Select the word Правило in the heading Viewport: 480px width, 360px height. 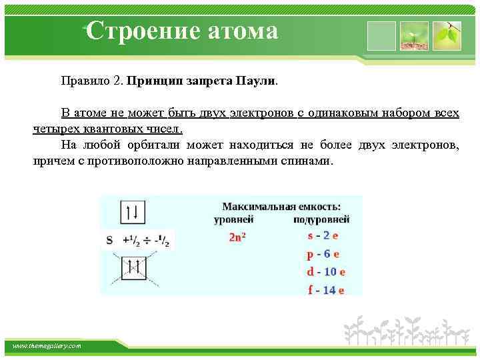pyautogui.click(x=84, y=81)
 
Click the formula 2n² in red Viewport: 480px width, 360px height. pyautogui.click(x=237, y=237)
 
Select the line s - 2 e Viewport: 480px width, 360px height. pyautogui.click(x=323, y=236)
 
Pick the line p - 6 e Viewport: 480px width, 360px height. pyautogui.click(x=323, y=254)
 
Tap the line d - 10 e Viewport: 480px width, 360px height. pyautogui.click(x=325, y=272)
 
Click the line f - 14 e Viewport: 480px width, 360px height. pyautogui.click(x=325, y=289)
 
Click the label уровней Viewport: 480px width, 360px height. pyautogui.click(x=233, y=219)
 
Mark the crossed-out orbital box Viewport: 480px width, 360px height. pyautogui.click(x=133, y=268)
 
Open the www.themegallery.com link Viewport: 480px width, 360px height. pyautogui.click(x=47, y=346)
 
